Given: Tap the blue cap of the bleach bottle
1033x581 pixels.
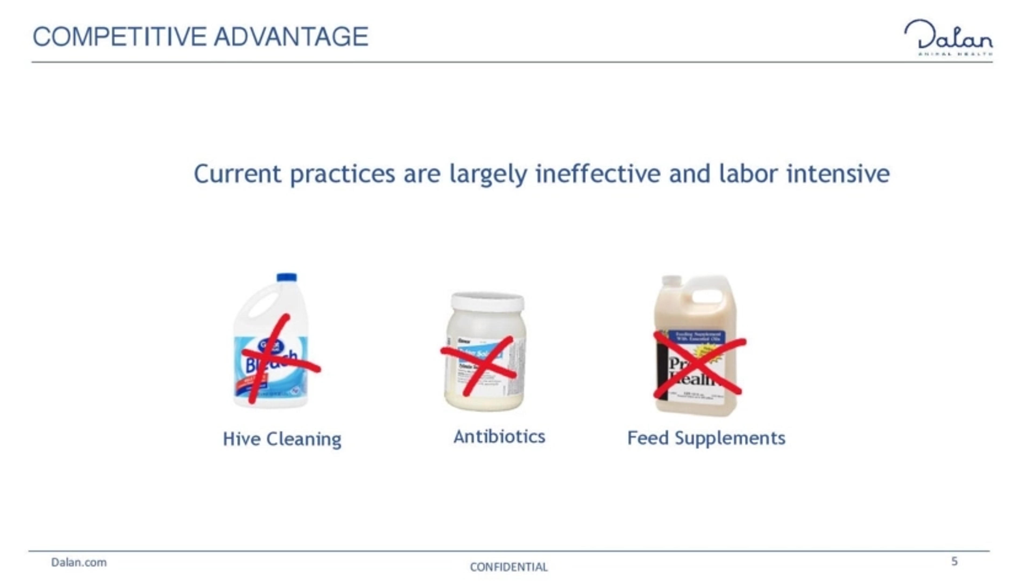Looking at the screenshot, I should [x=287, y=277].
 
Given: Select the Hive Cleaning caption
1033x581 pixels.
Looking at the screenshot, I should [x=282, y=439].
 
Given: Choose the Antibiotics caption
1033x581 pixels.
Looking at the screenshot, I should [x=499, y=437].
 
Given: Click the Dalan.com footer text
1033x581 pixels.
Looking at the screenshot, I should [x=79, y=562].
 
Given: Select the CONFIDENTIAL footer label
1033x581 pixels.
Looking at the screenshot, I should [x=508, y=567].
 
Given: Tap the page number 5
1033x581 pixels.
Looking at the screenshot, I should [x=955, y=561].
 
